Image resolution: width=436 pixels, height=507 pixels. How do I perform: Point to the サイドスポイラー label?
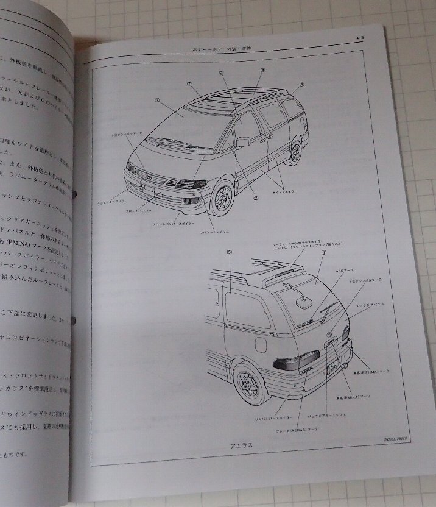285,191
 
